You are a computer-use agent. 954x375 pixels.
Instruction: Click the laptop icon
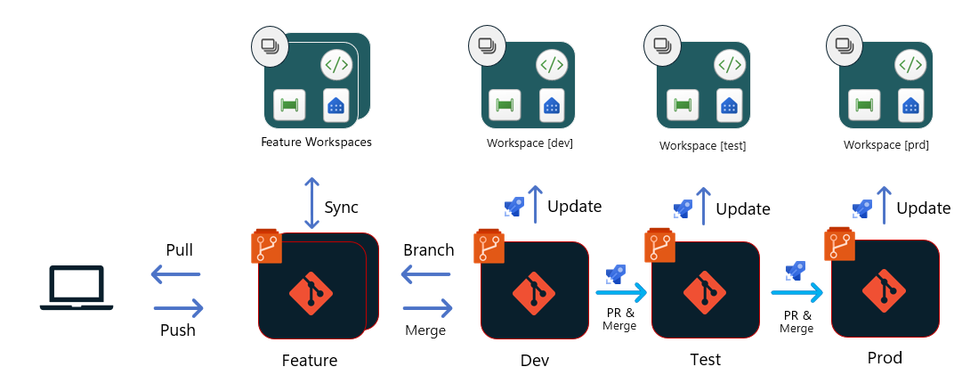77,288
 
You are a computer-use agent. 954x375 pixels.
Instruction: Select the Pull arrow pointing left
175,275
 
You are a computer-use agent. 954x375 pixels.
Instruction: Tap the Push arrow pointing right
179,308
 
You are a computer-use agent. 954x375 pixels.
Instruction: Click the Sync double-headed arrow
310,203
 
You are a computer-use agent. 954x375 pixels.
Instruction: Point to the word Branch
428,249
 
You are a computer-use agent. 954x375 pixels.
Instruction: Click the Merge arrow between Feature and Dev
428,308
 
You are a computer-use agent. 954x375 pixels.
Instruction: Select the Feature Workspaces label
316,142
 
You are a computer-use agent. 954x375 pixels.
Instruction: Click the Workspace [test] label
702,145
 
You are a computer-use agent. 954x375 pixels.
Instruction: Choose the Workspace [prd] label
886,144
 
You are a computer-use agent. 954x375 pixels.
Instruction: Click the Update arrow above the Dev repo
535,205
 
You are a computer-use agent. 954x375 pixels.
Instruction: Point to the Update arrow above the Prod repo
883,206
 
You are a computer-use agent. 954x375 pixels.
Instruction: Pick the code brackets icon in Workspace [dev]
552,65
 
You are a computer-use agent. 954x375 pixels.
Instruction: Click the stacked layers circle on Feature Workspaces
269,45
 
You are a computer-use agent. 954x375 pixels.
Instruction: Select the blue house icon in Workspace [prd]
910,104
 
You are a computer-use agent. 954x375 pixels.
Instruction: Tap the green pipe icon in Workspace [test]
683,105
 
